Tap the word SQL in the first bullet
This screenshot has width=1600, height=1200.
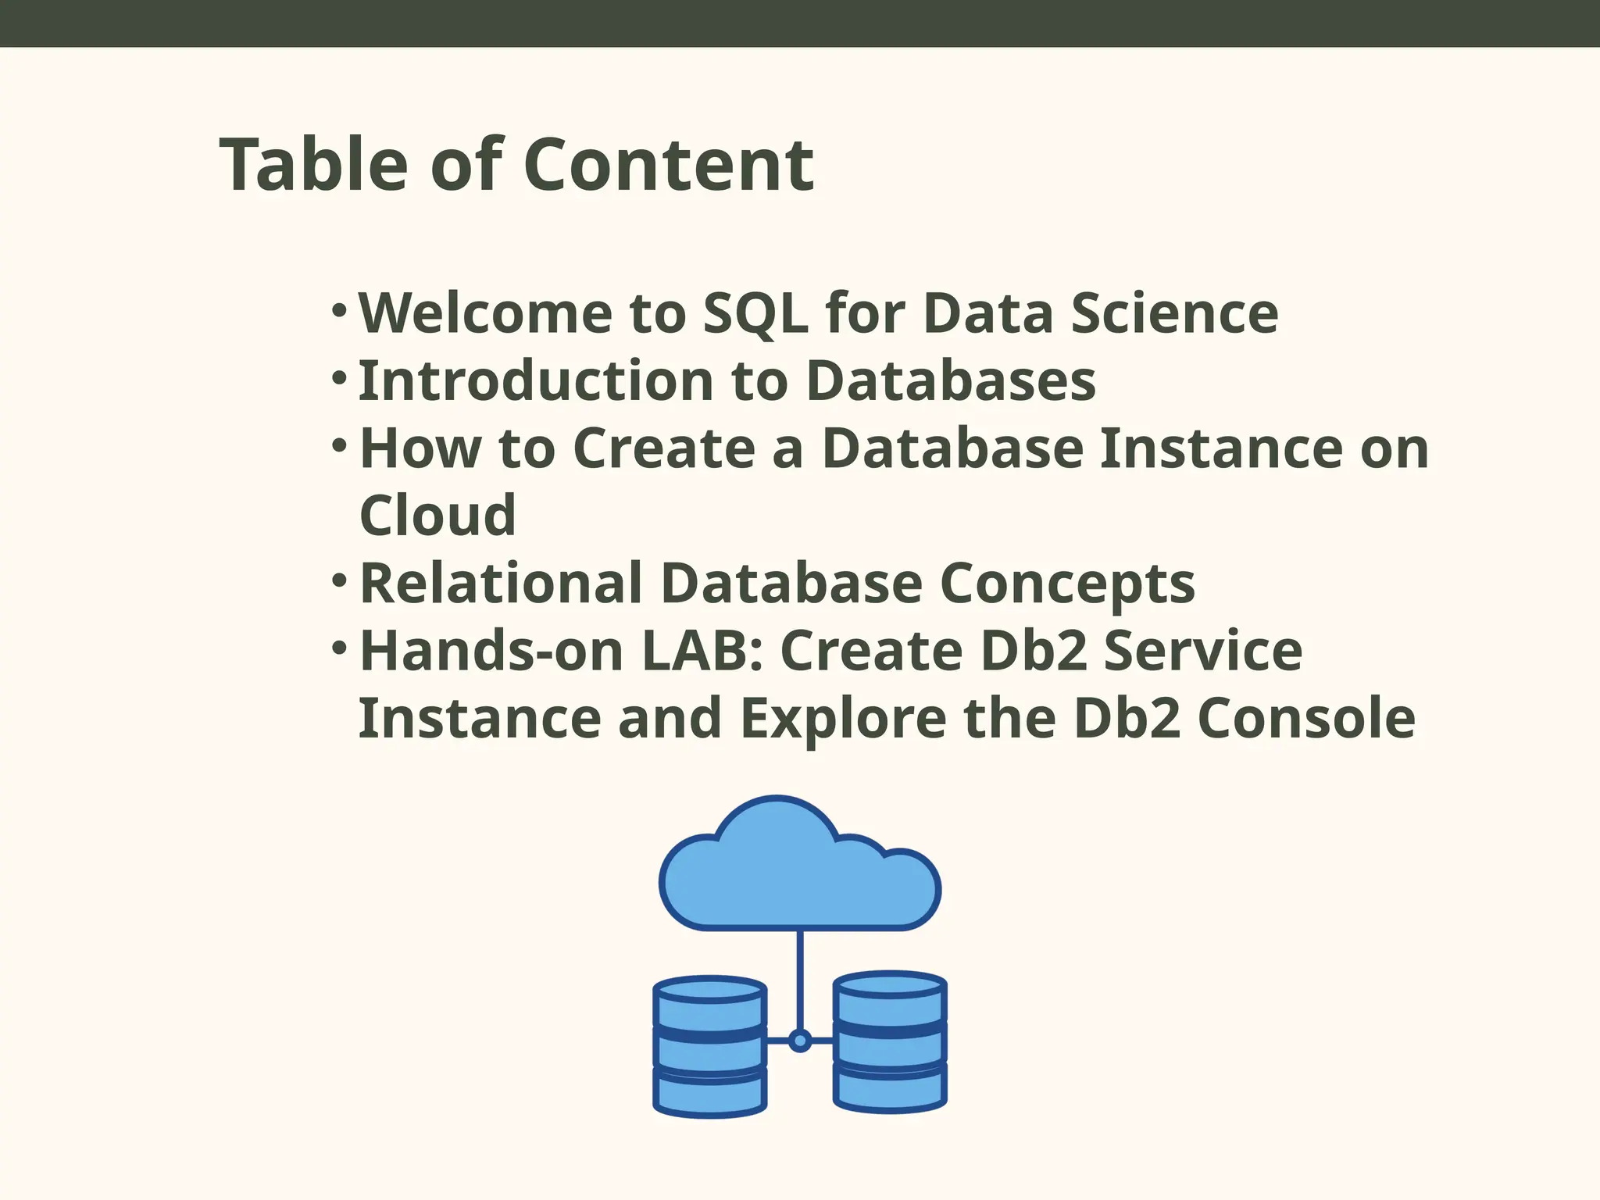[x=755, y=313]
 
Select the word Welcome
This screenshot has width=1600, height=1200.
[x=484, y=313]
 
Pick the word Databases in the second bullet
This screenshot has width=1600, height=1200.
[x=950, y=381]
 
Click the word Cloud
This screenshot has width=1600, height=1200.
[x=437, y=516]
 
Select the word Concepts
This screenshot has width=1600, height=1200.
[x=1067, y=584]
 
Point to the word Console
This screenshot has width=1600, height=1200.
[x=1306, y=719]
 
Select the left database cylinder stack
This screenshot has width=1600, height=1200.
[x=709, y=1047]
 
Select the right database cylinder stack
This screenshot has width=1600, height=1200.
[x=890, y=1043]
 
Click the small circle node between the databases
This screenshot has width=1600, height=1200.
[x=799, y=1041]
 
